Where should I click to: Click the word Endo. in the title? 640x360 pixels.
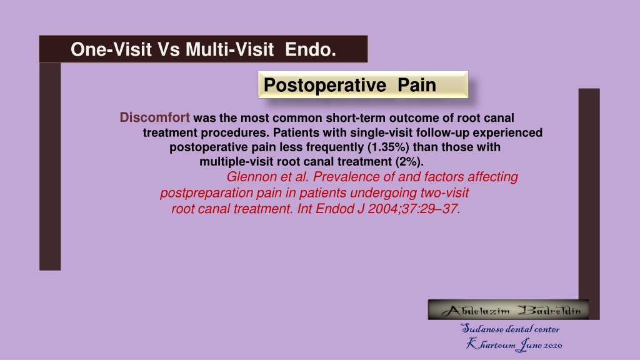[310, 49]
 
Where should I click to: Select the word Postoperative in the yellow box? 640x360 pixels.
[325, 85]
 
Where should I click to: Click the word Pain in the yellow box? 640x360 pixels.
[417, 85]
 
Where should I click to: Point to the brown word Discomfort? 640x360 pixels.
[155, 117]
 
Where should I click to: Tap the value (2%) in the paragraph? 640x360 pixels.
[409, 162]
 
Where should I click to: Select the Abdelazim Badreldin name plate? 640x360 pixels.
[508, 310]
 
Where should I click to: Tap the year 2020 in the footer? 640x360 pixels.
[552, 346]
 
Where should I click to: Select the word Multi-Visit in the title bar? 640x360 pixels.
[229, 49]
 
